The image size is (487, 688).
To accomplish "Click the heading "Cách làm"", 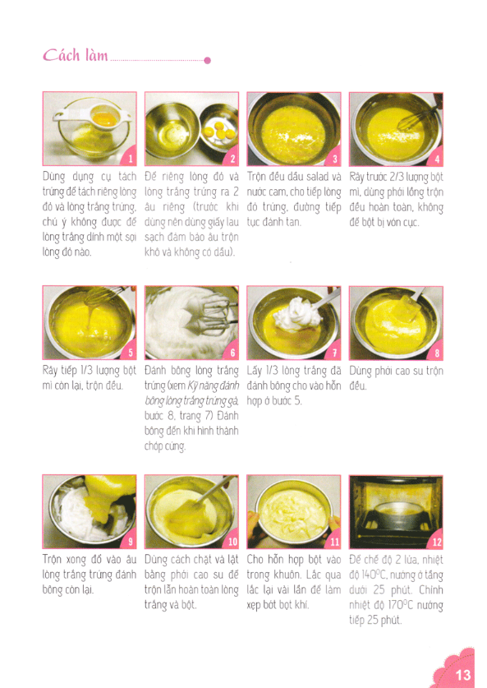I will point(76,57).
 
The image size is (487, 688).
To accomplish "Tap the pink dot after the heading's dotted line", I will point(208,60).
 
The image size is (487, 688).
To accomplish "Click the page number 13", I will point(462,675).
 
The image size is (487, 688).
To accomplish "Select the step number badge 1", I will point(129,159).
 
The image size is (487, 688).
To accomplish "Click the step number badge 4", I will point(436,159).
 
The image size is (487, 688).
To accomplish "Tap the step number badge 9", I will point(129,542).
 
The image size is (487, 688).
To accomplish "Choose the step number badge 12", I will point(435,542).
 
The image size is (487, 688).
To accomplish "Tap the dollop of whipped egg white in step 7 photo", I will point(295,310).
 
